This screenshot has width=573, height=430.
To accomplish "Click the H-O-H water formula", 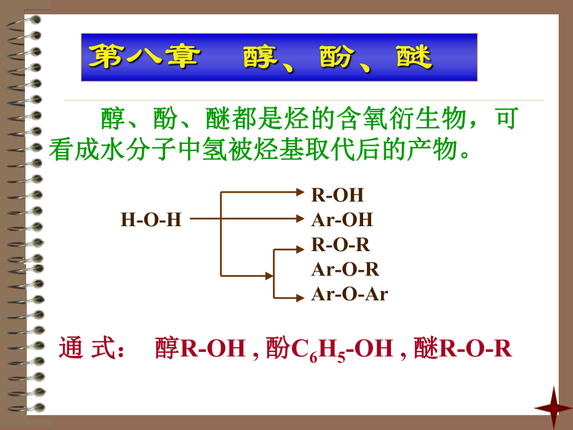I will (x=151, y=219).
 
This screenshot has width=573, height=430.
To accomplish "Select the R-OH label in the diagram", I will (x=337, y=194).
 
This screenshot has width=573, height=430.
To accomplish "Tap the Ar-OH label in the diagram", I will (x=342, y=219).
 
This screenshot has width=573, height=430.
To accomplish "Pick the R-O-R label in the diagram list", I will (x=340, y=244).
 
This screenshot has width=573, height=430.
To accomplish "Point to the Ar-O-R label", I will (x=345, y=269).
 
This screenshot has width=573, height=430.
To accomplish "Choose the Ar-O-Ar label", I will (x=349, y=294).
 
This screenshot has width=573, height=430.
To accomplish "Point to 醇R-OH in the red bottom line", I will (x=200, y=348).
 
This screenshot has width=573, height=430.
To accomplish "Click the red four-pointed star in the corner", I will (x=553, y=407).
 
